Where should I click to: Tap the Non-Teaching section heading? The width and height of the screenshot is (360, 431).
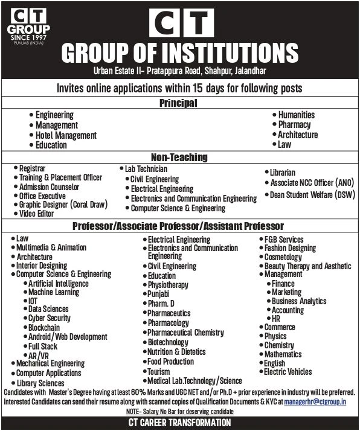179,157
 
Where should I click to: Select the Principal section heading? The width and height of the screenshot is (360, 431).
179,103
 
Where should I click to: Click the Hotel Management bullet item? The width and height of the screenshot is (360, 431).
66,135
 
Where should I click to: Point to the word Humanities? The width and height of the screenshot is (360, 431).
296,115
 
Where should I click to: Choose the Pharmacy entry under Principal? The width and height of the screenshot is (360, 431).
294,125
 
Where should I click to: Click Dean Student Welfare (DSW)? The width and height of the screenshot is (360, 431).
312,194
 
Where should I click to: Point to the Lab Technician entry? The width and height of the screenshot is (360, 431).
146,170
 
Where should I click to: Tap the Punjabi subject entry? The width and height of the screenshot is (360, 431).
160,294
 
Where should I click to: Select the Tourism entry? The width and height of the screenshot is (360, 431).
159,371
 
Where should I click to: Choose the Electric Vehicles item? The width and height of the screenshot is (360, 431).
288,371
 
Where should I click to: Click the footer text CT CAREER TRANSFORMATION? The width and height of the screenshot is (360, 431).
179,423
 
